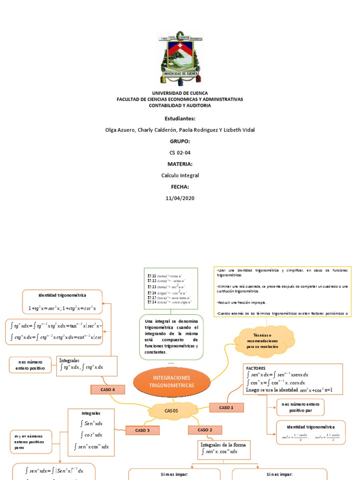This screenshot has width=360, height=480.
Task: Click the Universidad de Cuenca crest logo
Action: [x=180, y=57]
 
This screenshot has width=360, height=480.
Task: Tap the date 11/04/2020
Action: [x=180, y=198]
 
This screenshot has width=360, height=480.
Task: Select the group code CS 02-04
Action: [x=180, y=153]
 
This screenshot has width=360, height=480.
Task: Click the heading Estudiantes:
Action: [x=180, y=119]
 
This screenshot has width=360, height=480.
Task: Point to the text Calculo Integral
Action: [x=180, y=175]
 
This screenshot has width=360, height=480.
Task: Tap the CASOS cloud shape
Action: [x=171, y=411]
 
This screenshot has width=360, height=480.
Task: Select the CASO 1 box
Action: [x=226, y=408]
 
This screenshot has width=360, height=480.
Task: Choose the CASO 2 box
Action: [x=205, y=430]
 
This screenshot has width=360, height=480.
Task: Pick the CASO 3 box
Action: [x=142, y=430]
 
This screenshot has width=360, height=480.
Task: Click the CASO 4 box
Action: [x=107, y=390]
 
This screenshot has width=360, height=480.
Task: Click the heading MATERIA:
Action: [x=180, y=164]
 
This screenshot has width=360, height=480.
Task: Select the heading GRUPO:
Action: [x=180, y=141]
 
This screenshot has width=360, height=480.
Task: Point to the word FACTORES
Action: [x=256, y=368]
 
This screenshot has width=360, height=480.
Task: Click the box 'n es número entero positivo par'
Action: [x=300, y=407]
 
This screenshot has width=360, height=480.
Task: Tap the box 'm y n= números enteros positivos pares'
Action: [x=30, y=442]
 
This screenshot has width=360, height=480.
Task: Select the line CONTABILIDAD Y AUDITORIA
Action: [x=180, y=105]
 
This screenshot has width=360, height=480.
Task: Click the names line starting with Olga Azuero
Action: [x=180, y=130]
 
